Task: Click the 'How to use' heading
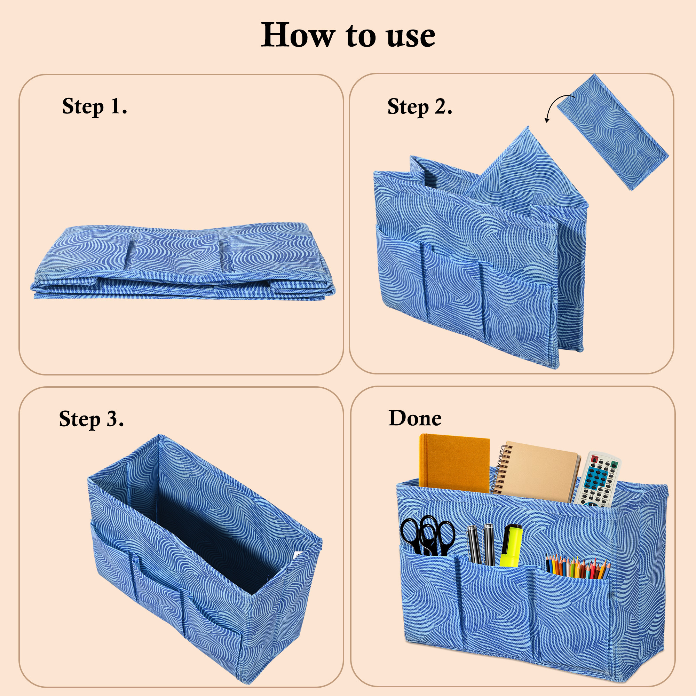[348, 35]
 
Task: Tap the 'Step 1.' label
[95, 106]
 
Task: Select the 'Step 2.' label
[420, 107]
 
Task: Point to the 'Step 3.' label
[92, 419]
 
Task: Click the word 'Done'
[415, 418]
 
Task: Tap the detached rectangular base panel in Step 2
[612, 133]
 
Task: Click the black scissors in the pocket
[428, 536]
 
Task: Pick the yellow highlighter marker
[511, 545]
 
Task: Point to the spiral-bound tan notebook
[539, 472]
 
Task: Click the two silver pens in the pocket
[481, 544]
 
